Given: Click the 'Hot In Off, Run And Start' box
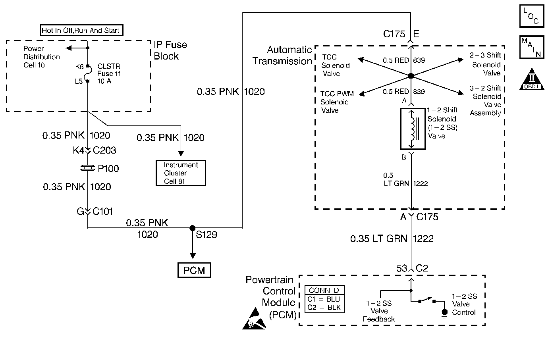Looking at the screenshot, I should pos(81,30).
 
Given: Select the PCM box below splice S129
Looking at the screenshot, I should pos(194,270).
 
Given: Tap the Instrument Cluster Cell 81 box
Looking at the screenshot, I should pos(181,173).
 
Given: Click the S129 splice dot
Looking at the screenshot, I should pos(192,228).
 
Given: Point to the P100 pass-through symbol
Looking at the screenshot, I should pos(88,169).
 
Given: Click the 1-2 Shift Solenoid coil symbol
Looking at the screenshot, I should pos(413,129).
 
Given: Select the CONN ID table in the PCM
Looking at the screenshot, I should pos(324,299).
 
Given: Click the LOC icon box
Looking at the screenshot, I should pos(531,16).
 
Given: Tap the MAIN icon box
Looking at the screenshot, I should pos(531,47).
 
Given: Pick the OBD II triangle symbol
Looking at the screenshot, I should pos(531,80).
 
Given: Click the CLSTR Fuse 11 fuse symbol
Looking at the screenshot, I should pos(88,74).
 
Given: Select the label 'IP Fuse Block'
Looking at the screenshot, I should pos(170,50).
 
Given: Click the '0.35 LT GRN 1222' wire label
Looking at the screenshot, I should pos(392,239).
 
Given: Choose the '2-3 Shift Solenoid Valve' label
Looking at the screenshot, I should pos(486,64).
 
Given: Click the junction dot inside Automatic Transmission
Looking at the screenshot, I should pos(411,76).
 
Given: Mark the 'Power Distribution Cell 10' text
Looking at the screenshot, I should pos(41,57).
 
